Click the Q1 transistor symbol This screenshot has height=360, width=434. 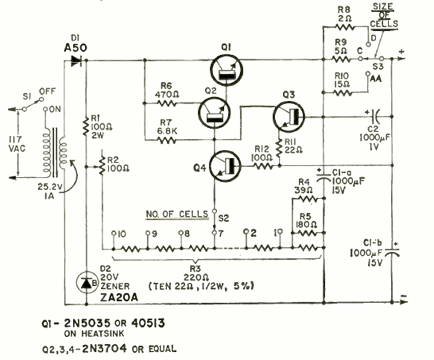tap(226, 69)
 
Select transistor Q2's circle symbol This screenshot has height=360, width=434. tap(213, 111)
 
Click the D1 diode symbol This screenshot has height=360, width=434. tap(77, 61)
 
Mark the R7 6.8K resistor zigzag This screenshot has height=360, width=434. tap(166, 139)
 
